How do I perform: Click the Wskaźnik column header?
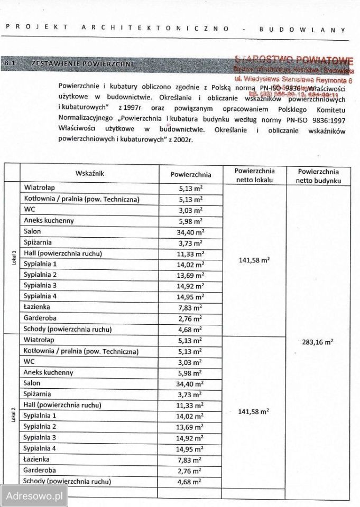click(x=90, y=173)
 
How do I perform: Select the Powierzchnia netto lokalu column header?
click(x=255, y=175)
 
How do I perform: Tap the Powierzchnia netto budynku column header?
click(x=318, y=175)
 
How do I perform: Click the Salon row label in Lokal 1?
click(x=33, y=231)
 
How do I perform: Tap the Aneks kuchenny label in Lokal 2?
click(x=49, y=372)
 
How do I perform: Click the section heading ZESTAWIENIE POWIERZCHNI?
click(x=82, y=64)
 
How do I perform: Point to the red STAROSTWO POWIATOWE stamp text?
click(x=294, y=60)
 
